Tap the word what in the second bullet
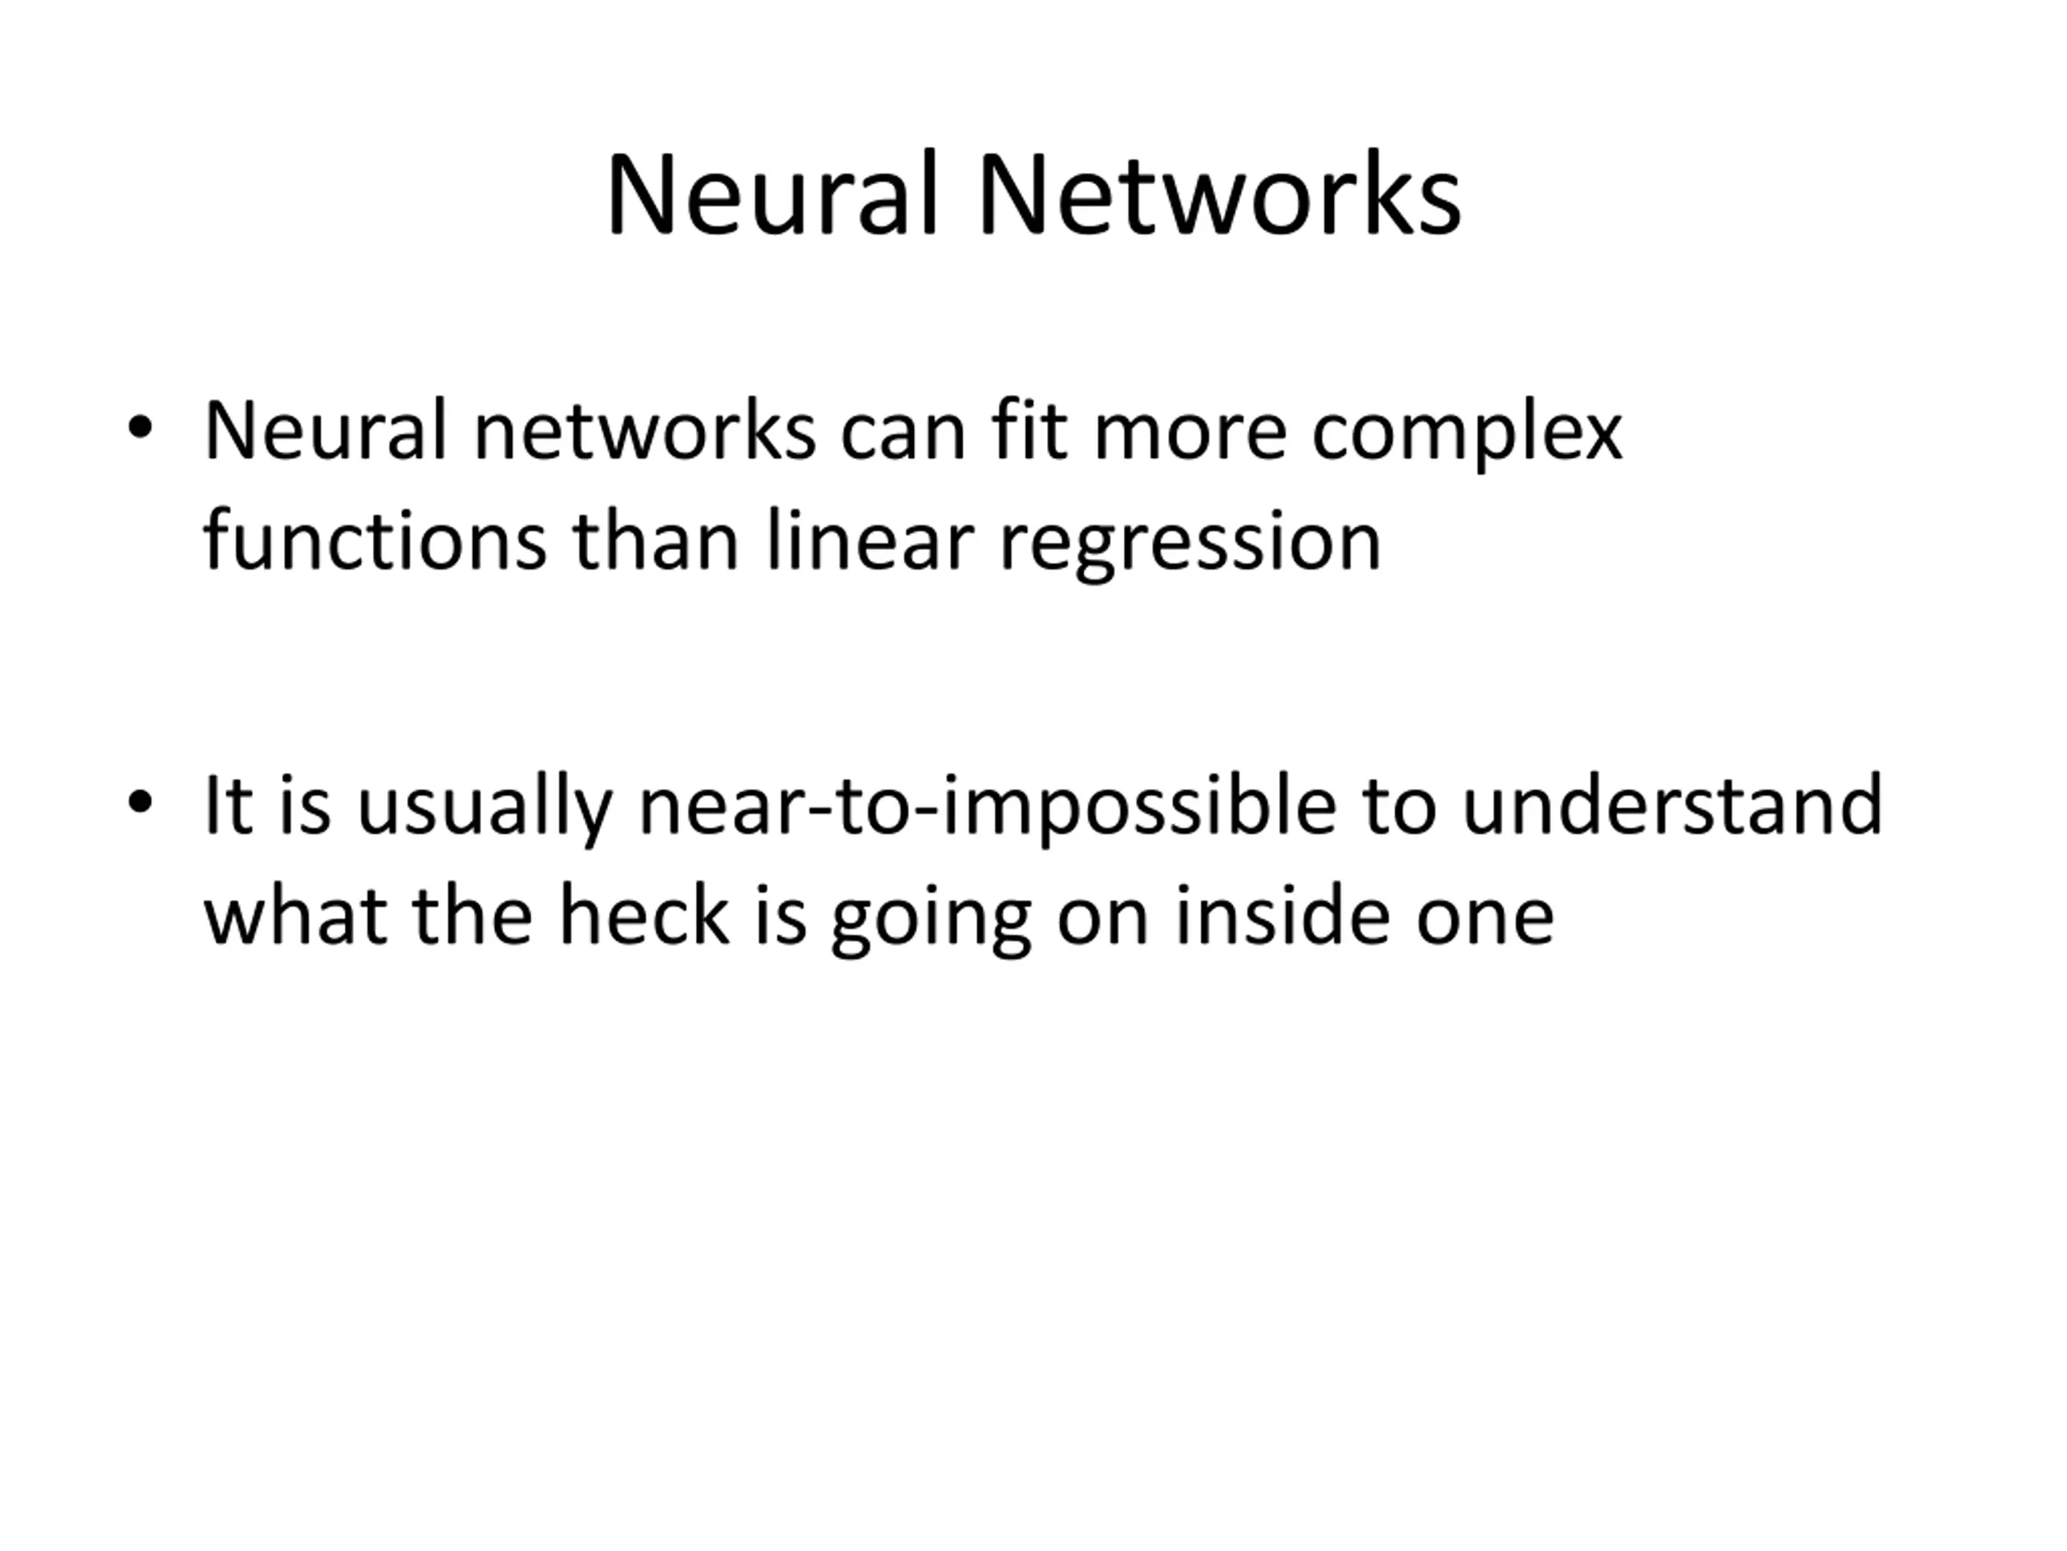tap(296, 916)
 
